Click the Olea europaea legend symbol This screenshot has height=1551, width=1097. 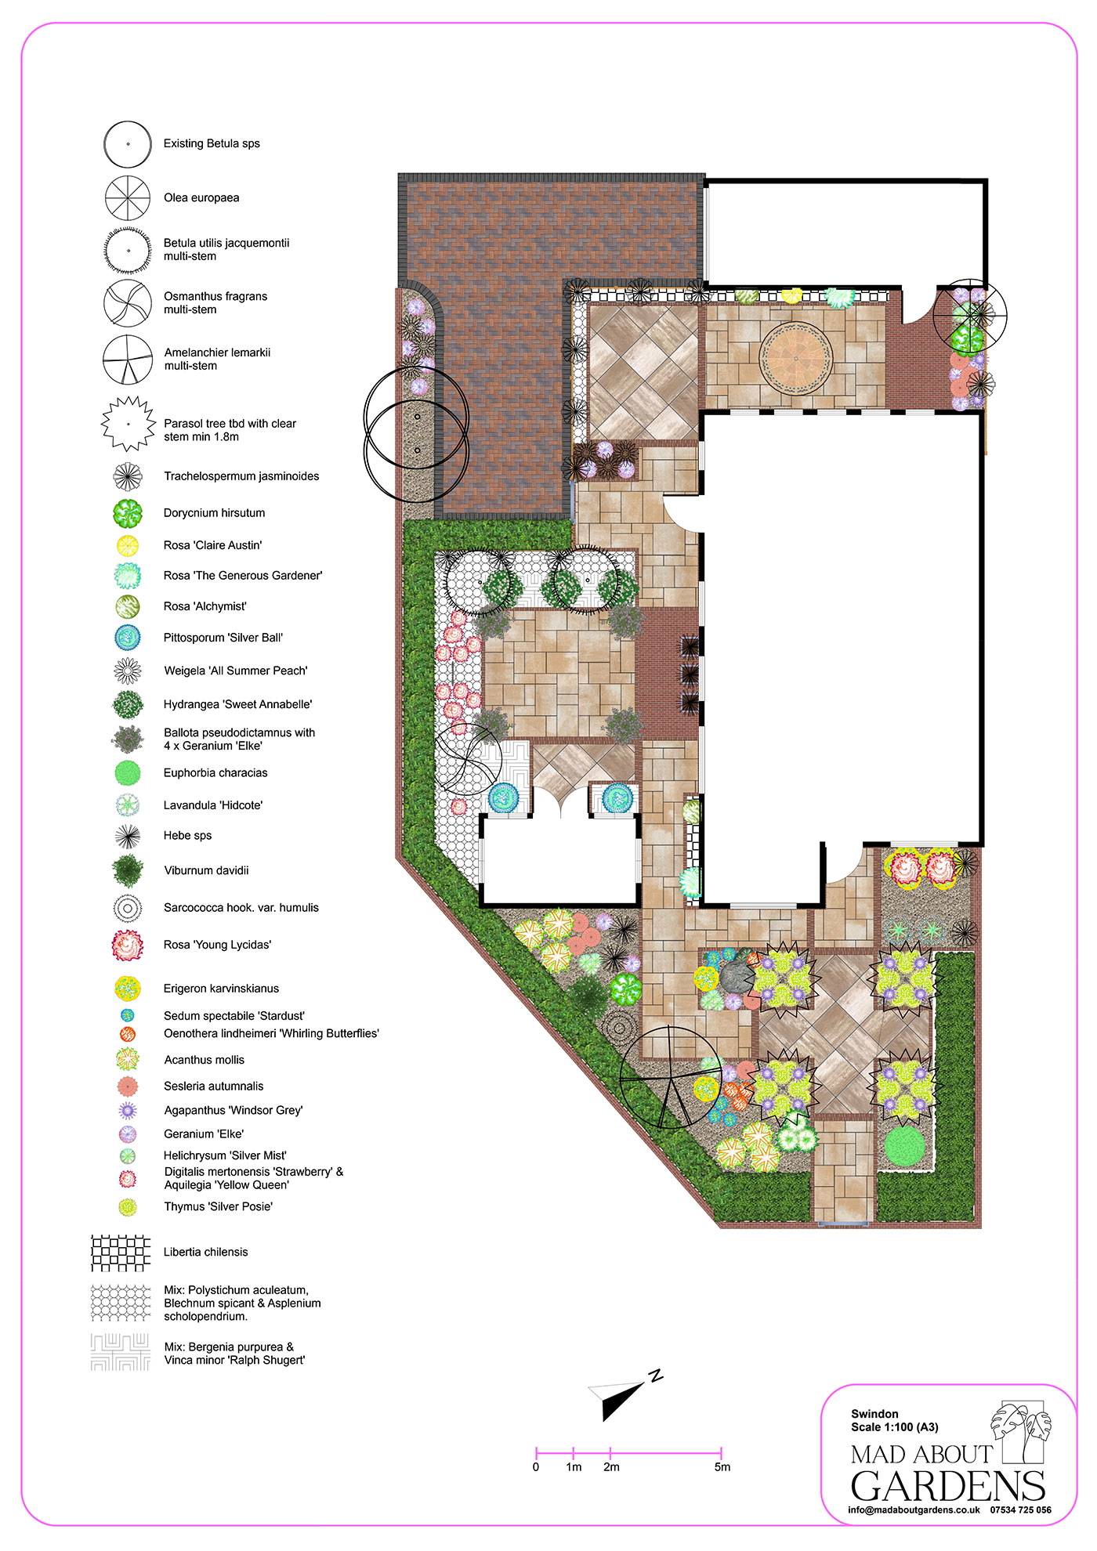coord(128,197)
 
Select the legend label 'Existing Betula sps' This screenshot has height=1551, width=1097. coord(212,143)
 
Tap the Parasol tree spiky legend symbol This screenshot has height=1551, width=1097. coord(128,424)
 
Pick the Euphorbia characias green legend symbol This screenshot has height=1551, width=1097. coord(128,773)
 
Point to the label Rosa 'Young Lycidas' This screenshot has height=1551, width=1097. coord(217,945)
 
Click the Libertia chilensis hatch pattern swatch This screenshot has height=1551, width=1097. coord(120,1253)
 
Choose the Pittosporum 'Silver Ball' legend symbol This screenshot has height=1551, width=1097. coord(127,638)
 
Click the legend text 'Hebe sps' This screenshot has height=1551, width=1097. coord(187,836)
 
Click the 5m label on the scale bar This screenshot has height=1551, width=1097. coord(722,1467)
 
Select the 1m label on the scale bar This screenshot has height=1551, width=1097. coord(574,1467)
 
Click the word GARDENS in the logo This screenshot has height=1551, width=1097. coord(948,1486)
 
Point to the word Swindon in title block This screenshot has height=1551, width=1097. coord(874,1414)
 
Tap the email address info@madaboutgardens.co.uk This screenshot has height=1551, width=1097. coord(914,1509)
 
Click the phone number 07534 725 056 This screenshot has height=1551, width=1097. coord(1021,1509)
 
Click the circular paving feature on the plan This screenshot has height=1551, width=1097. coord(796,358)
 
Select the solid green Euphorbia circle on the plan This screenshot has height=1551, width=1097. coord(906,1144)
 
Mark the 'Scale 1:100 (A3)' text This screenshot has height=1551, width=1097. coord(895,1427)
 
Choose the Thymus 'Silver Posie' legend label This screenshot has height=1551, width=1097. coord(218,1206)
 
